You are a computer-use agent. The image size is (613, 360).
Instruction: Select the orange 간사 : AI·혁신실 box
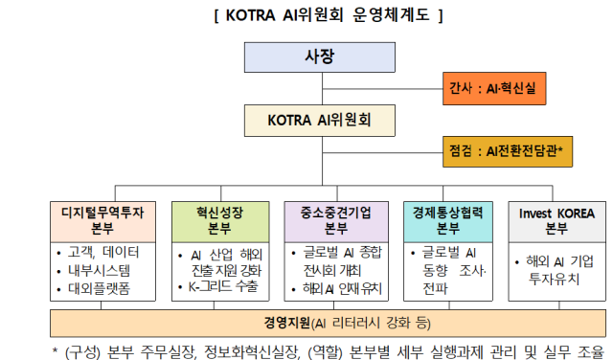pos(493,89)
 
